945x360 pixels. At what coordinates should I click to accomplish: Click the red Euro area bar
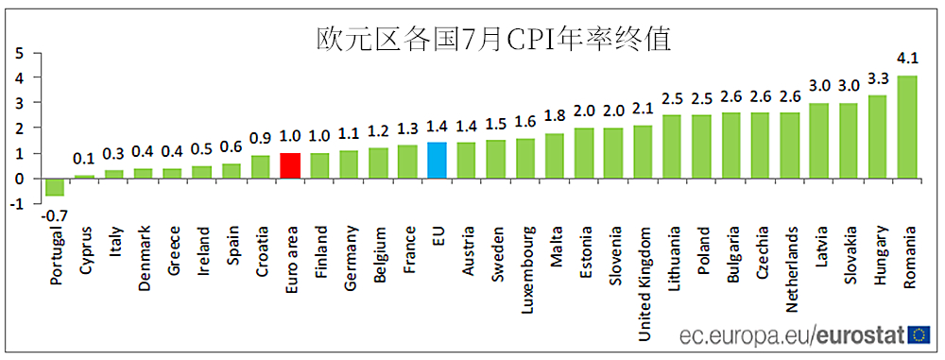click(291, 165)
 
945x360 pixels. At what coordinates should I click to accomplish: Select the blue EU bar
click(437, 161)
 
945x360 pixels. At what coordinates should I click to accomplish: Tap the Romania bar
click(906, 127)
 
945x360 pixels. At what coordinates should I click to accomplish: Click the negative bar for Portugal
click(56, 187)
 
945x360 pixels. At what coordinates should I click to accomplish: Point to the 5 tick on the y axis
click(18, 53)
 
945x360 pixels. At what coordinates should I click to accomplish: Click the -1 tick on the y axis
click(15, 204)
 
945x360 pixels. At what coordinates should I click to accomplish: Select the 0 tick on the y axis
click(18, 179)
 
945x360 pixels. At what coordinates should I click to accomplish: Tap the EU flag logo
click(919, 335)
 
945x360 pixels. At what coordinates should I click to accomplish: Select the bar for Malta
click(554, 156)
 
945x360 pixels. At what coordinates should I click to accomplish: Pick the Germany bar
click(349, 164)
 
